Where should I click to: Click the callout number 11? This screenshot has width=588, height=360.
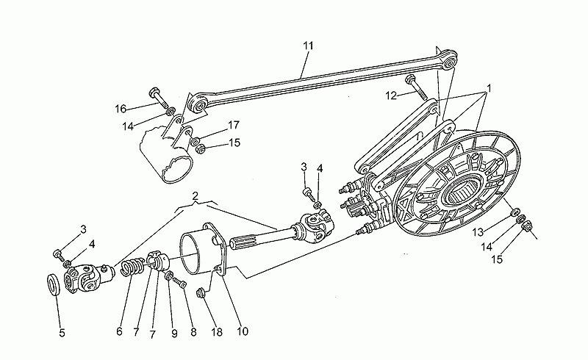coord(308,46)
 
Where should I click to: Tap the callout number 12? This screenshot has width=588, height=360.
coord(391,96)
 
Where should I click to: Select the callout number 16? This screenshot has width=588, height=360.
coord(121,109)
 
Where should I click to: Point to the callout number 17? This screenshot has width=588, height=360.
coord(233,125)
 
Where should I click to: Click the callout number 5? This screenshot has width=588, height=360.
coord(62,333)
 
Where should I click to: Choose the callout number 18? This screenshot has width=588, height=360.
coord(217,332)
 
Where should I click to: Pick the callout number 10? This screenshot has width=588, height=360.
coord(243,331)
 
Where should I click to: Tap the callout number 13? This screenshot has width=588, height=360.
coord(477,232)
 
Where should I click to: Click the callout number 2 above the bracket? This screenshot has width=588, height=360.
coord(195,195)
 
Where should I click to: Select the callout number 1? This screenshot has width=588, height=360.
coord(489,88)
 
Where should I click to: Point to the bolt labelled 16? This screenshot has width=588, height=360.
coord(159,98)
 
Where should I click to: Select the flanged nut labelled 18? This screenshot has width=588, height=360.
coord(201,292)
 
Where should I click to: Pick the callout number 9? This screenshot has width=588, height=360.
coord(174,334)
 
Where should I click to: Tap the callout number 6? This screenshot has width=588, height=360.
coord(119,331)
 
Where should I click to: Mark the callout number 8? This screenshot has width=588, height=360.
coord(193,332)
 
